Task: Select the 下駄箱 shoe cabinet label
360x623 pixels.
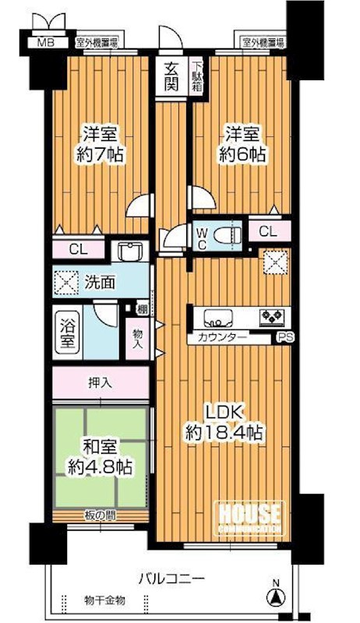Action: (198, 76)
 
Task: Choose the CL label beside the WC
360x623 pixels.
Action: (267, 231)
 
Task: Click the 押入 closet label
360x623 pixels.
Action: (101, 383)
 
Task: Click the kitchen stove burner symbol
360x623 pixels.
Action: (274, 316)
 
